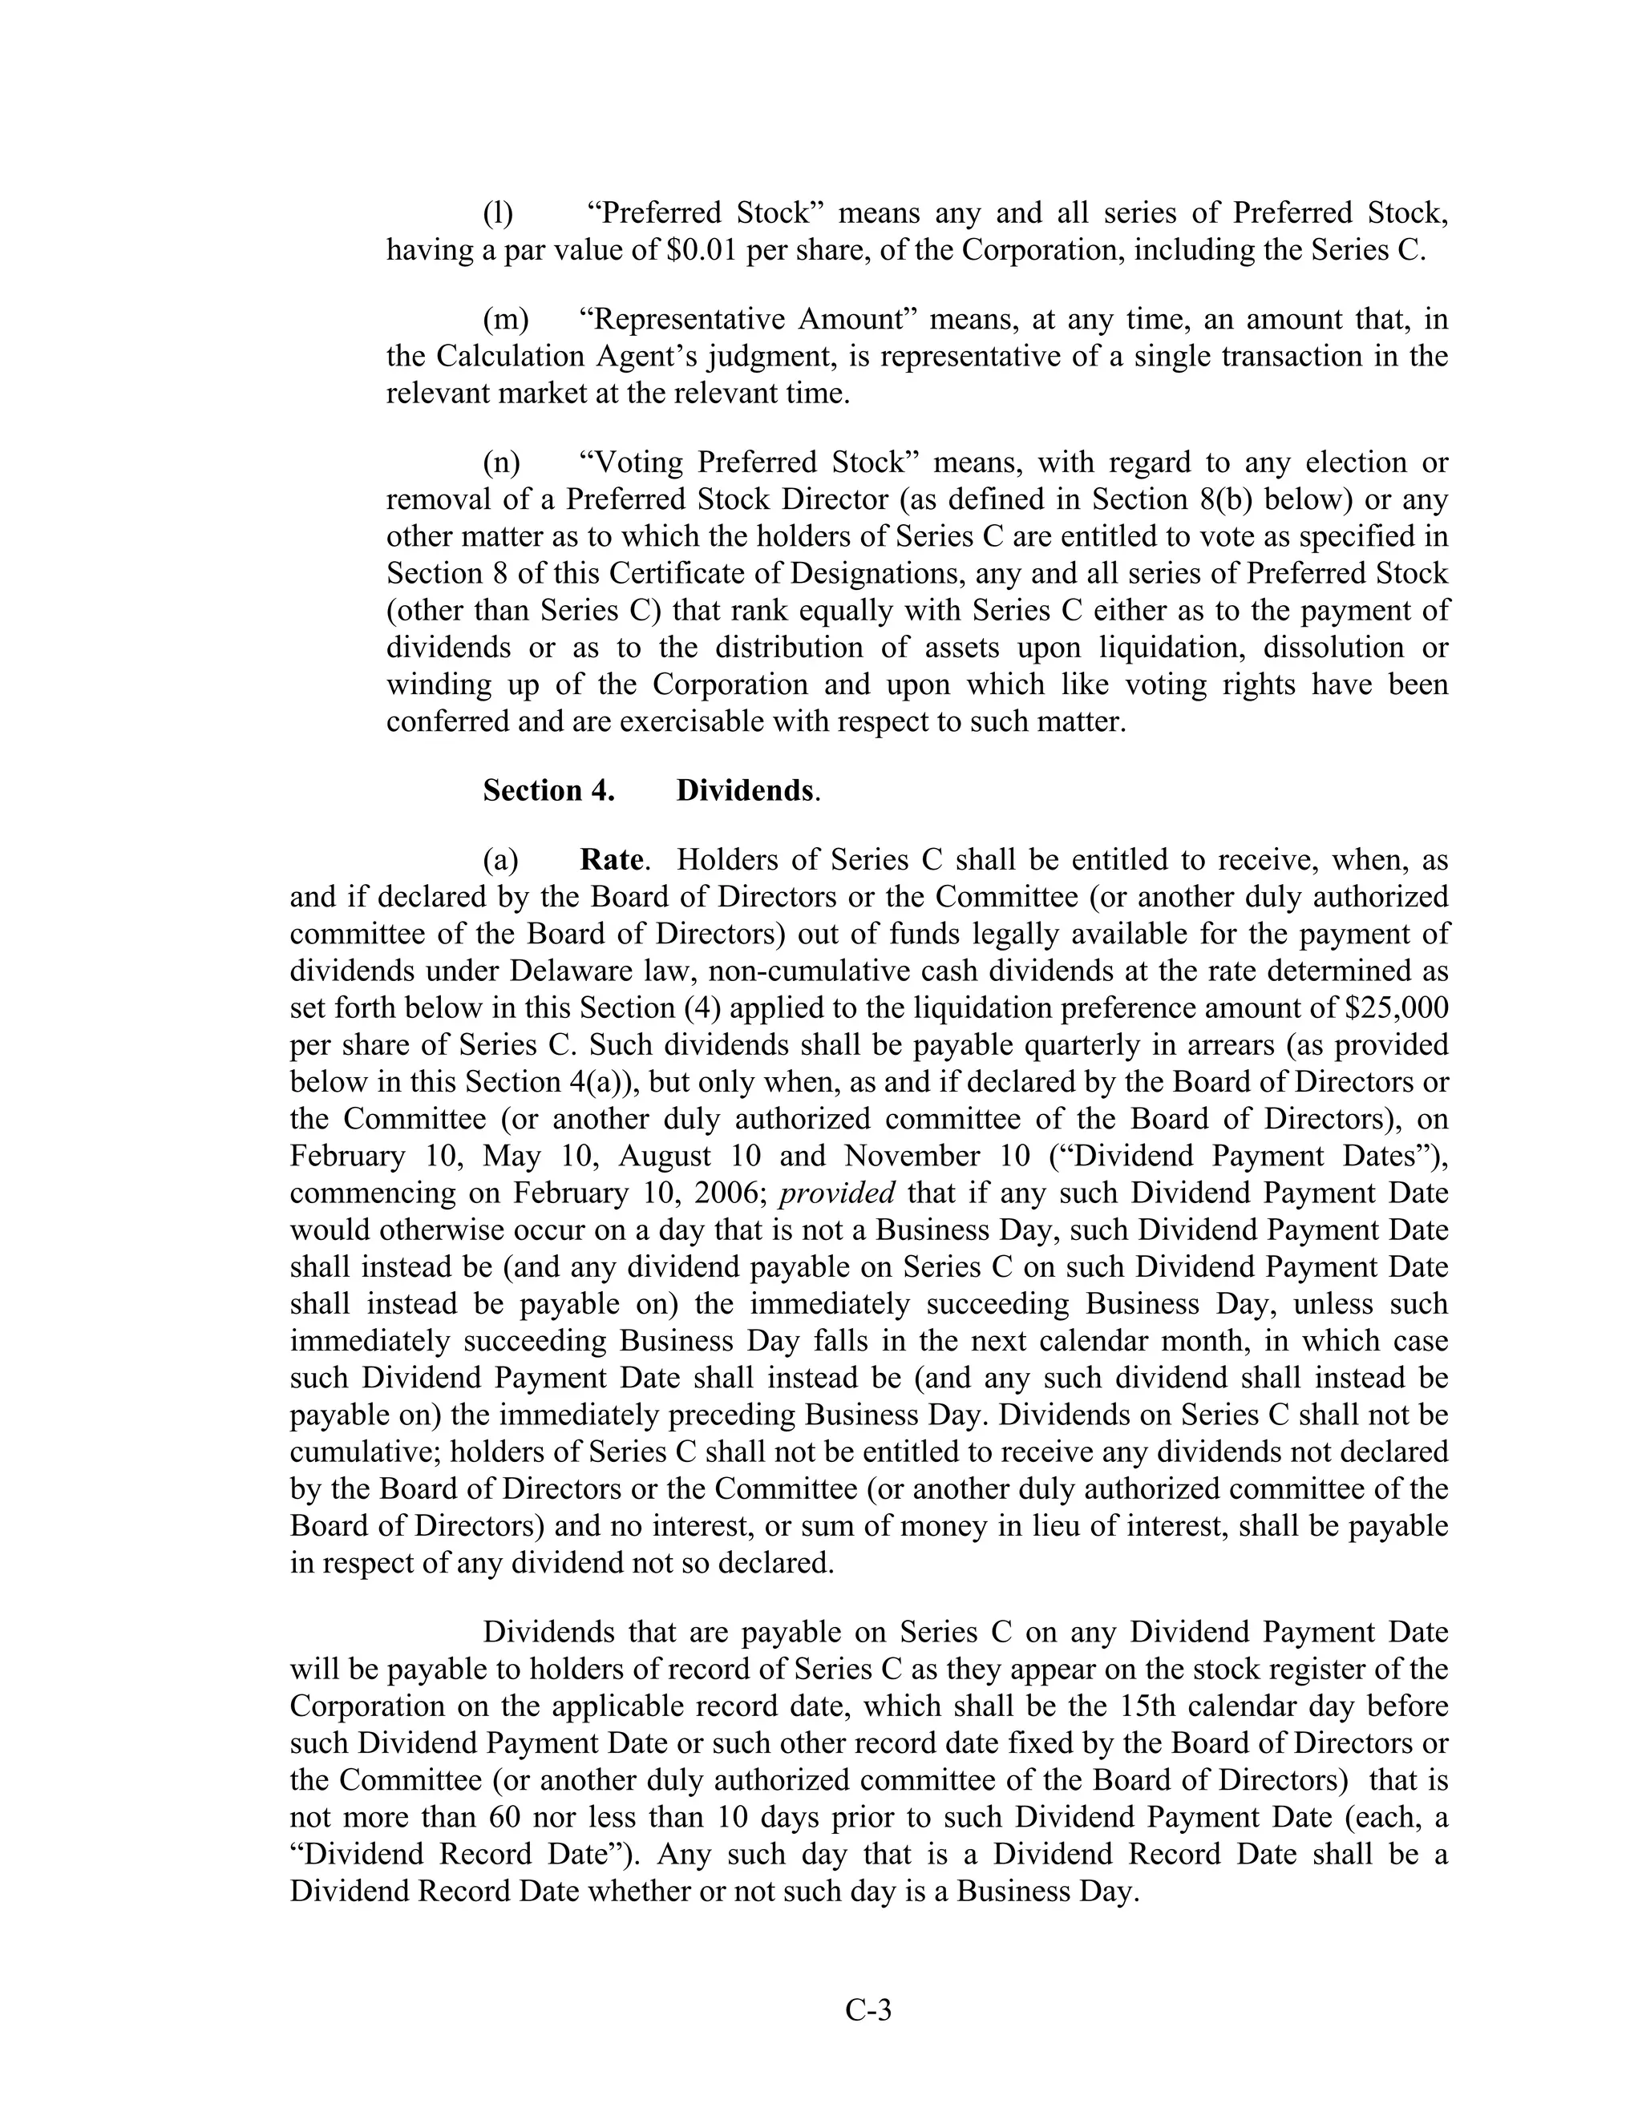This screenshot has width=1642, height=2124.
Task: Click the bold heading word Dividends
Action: (744, 790)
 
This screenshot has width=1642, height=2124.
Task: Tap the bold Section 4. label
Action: (548, 790)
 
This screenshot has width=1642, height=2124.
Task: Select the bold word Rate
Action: (611, 860)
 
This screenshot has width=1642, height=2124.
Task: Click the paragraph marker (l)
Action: (498, 213)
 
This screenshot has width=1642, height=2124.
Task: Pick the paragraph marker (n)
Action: (502, 462)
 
